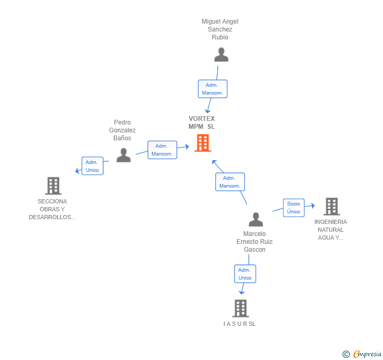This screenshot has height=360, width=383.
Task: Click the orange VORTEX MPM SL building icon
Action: click(203, 143)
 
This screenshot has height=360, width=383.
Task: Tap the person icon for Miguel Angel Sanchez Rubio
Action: click(221, 55)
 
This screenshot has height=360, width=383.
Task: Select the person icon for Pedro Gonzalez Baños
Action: click(123, 155)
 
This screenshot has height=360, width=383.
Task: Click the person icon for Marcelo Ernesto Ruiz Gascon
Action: click(256, 219)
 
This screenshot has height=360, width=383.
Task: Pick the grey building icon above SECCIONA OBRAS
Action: click(53, 186)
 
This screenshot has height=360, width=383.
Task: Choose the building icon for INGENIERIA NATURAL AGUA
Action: click(331, 207)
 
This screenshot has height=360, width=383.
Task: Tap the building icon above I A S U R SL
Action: click(240, 308)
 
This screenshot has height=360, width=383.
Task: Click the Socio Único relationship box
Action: click(294, 208)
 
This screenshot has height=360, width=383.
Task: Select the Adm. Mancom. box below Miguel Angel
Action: click(212, 89)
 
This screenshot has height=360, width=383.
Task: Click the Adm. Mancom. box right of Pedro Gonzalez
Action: click(162, 150)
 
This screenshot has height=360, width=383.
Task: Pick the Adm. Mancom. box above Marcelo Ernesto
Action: click(230, 182)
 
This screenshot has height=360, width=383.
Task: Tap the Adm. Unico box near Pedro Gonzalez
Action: click(92, 166)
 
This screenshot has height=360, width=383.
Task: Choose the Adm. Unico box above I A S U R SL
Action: click(245, 274)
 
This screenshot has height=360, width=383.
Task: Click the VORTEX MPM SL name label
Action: click(202, 122)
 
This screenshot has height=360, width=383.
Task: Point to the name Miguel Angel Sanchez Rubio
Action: click(220, 29)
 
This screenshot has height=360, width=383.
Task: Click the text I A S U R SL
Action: click(239, 324)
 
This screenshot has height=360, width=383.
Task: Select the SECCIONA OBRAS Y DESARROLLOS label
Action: click(52, 209)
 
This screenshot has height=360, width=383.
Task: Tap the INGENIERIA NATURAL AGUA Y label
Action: click(330, 230)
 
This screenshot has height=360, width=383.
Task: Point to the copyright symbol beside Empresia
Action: click(346, 355)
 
